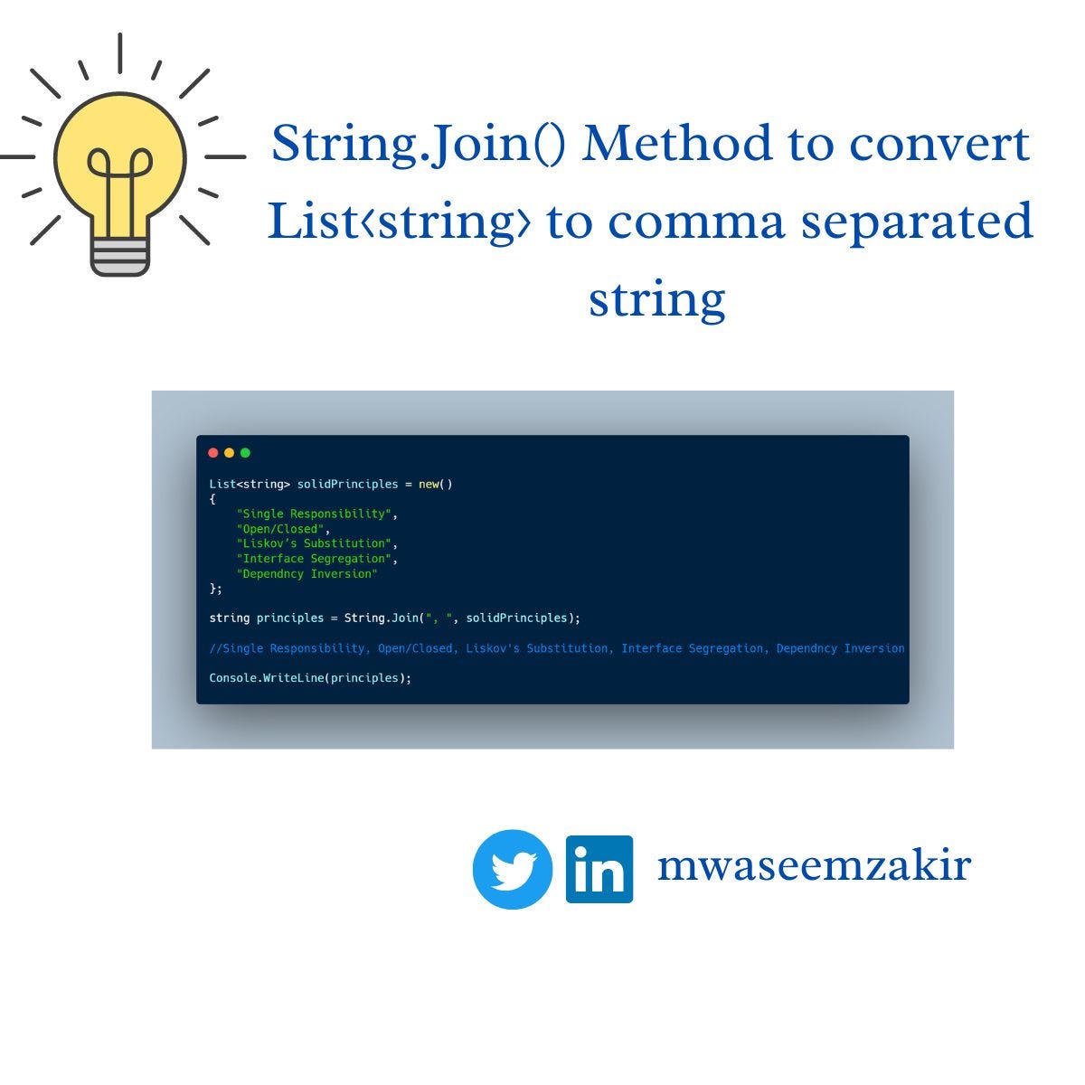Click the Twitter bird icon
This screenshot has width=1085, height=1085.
(513, 869)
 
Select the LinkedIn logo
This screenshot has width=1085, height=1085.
(599, 869)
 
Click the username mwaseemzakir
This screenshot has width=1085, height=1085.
(814, 865)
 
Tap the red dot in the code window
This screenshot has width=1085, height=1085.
(213, 453)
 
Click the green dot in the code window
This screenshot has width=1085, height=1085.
(245, 453)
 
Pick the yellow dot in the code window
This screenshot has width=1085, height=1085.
(229, 453)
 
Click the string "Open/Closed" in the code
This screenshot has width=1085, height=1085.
(280, 529)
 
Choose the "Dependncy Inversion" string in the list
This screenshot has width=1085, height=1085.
(307, 574)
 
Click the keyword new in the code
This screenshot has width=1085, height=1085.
(429, 484)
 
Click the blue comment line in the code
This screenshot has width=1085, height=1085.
(556, 648)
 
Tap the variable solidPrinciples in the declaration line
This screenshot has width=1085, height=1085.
(347, 484)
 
